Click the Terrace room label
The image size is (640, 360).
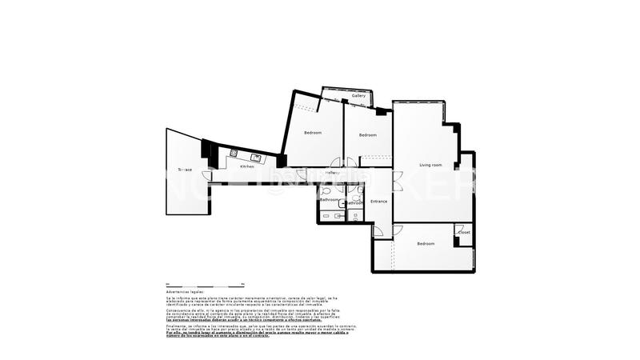click(x=185, y=170)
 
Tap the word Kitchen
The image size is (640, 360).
click(x=247, y=166)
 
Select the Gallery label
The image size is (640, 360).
click(x=359, y=96)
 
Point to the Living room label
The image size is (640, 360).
click(x=431, y=165)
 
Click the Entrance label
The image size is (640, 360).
click(x=378, y=201)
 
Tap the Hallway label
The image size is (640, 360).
click(x=333, y=173)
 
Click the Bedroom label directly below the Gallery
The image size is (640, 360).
click(x=368, y=134)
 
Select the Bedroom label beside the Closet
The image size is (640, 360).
click(x=425, y=243)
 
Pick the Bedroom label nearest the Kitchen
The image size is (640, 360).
click(x=313, y=132)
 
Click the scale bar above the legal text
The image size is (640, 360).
click(x=205, y=284)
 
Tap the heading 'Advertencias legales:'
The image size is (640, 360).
click(x=183, y=292)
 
